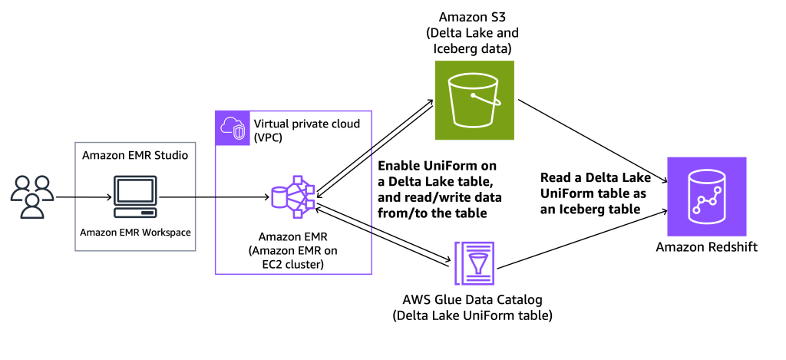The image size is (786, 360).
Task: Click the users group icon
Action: point(32,197)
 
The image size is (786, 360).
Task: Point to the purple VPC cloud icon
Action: point(231,127)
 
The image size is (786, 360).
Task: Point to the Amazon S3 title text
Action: point(471,16)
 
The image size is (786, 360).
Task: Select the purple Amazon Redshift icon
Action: point(705,197)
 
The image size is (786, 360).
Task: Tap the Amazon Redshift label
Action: point(706,247)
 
